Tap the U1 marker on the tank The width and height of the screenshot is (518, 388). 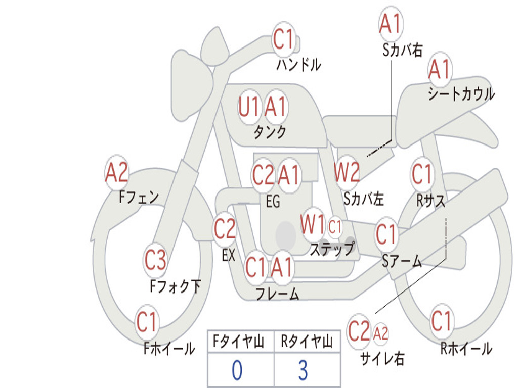click(249, 107)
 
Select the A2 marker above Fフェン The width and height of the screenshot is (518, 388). click(117, 173)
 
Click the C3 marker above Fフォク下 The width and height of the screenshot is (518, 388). click(155, 261)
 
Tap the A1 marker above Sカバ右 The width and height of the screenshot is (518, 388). click(390, 24)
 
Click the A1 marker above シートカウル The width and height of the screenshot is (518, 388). click(439, 70)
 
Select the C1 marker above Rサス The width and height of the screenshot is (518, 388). click(422, 175)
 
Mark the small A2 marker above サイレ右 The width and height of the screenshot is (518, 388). click(380, 333)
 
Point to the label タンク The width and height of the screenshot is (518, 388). click(270, 132)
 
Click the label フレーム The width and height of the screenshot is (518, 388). click(277, 294)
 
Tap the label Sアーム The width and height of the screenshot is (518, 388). click(402, 261)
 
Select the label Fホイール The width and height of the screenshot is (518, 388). click(169, 348)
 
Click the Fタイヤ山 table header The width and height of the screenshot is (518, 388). click(241, 343)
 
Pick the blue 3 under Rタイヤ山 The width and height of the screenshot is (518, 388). click(303, 370)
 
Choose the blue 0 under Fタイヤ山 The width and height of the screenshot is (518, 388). click(237, 370)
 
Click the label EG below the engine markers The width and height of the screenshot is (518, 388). click(273, 202)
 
